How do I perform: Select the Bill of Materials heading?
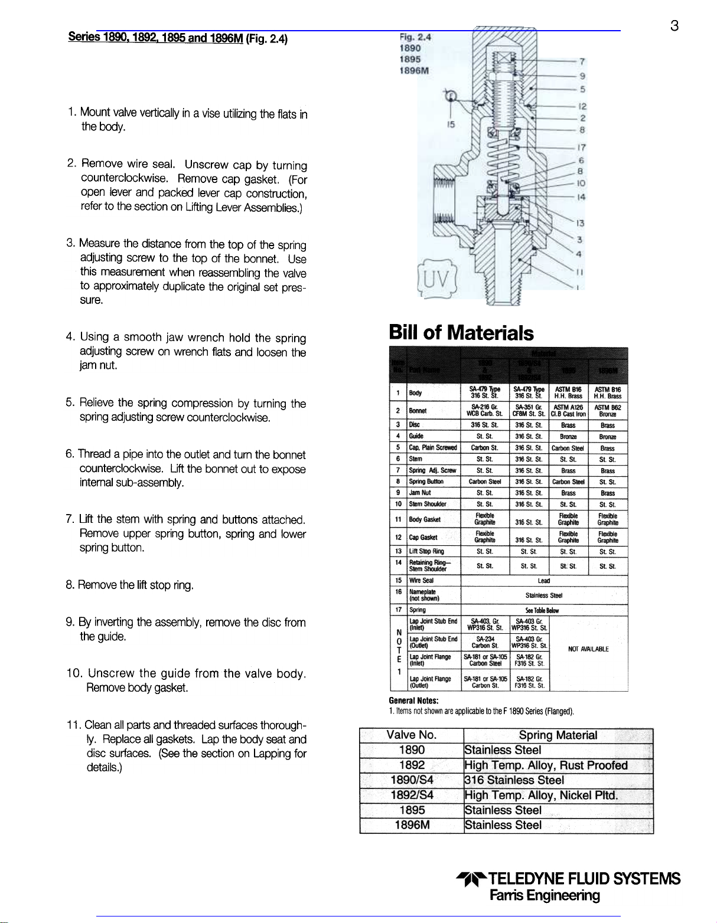(461, 333)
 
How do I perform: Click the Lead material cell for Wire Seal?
(543, 581)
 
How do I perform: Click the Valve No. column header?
(411, 735)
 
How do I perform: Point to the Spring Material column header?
(558, 735)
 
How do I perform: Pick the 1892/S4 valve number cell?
(411, 795)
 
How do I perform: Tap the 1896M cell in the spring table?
(411, 825)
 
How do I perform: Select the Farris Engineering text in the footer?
(545, 895)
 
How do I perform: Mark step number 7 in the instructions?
(69, 519)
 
